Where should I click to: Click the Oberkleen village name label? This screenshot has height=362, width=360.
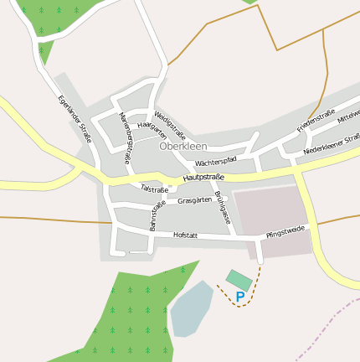[183, 146]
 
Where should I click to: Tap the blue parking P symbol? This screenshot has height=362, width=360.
[240, 297]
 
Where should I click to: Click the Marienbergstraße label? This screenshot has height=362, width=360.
[126, 137]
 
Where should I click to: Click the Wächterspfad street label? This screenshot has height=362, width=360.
[215, 160]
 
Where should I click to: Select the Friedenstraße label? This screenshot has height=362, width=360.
[316, 120]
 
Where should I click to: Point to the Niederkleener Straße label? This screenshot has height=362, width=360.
[332, 144]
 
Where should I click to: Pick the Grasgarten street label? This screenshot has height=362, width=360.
[194, 201]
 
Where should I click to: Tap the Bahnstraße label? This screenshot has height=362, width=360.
[157, 215]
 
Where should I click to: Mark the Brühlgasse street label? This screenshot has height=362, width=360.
[222, 205]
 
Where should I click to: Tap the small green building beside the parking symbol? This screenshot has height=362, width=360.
[239, 279]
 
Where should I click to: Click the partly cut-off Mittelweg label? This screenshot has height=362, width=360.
[348, 120]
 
